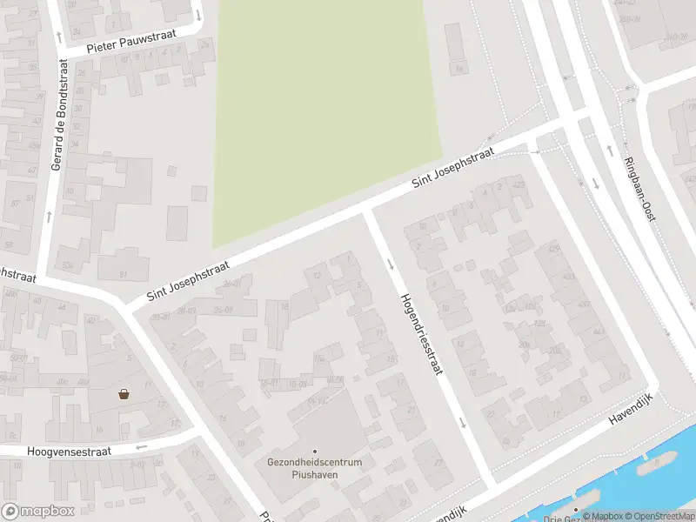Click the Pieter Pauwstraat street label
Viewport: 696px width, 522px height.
(x=132, y=41)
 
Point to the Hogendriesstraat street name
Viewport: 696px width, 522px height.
(x=421, y=332)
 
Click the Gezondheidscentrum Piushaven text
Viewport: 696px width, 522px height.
(x=314, y=468)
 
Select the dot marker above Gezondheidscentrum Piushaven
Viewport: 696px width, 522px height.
(x=315, y=451)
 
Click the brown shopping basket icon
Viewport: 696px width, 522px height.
(x=124, y=394)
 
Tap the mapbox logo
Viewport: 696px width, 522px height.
(x=37, y=512)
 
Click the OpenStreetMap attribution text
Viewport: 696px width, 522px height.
(x=659, y=517)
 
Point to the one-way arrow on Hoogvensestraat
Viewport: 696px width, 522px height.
(x=141, y=446)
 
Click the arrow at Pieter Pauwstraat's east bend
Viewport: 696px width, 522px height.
(x=198, y=15)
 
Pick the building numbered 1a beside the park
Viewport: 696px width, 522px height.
(x=458, y=69)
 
